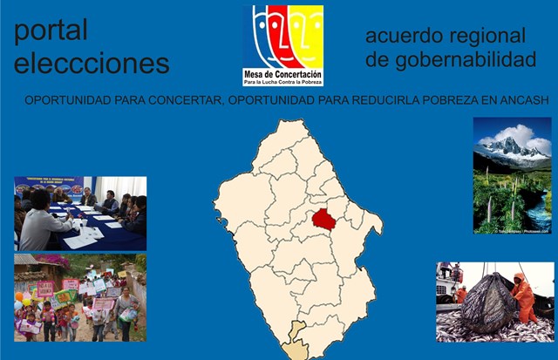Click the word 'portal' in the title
[51, 31]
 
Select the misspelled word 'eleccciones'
[92, 64]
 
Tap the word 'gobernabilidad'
[451, 59]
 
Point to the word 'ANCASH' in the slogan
[524, 100]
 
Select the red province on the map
[324, 218]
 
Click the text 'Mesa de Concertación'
[282, 75]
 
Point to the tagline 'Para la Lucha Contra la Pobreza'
[282, 83]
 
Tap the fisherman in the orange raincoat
[525, 296]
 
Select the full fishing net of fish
[488, 305]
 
